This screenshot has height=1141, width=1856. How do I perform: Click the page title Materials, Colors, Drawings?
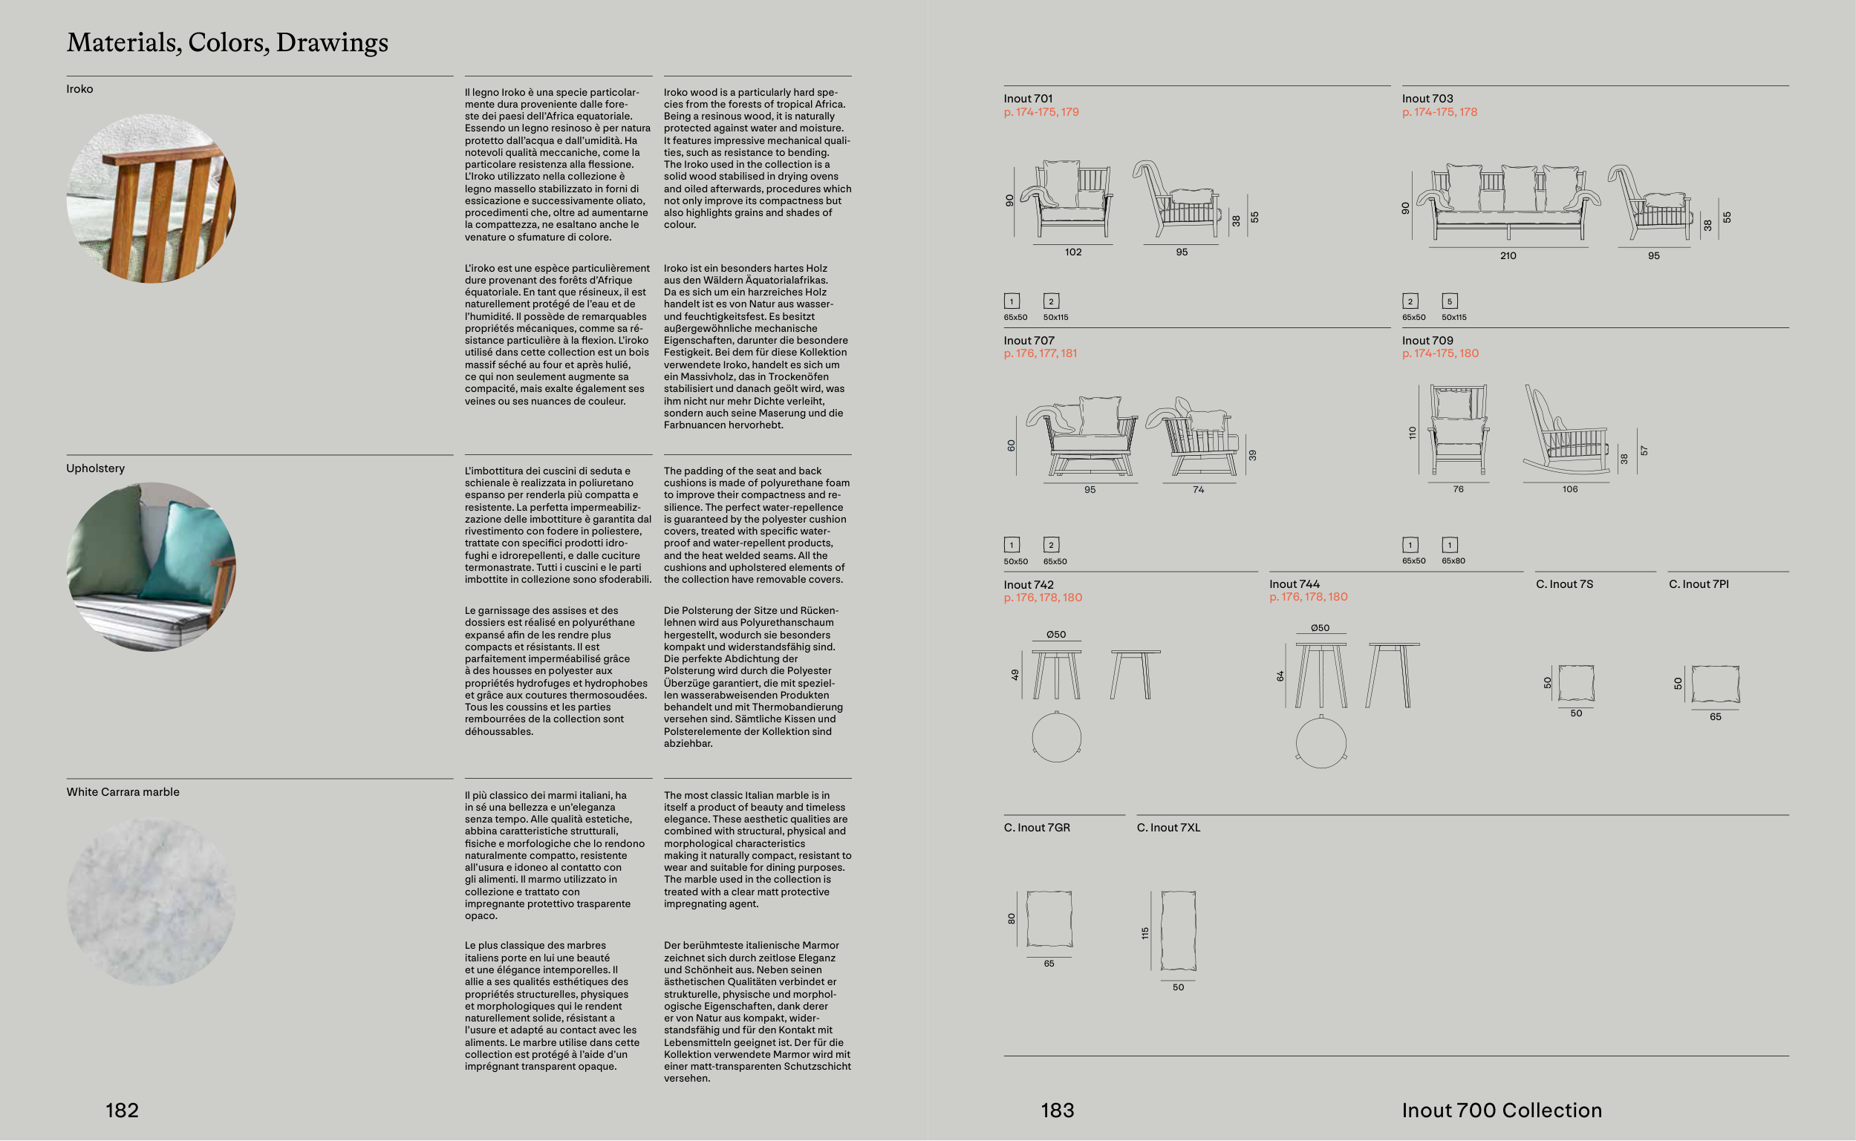coord(227,42)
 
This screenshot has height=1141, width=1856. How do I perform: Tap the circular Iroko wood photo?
coord(151,198)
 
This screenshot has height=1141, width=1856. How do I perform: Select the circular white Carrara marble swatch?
coord(151,902)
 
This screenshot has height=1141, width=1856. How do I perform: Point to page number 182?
coord(122,1110)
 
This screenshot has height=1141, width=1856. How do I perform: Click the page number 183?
coord(1057,1110)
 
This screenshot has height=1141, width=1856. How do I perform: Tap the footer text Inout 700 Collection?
coord(1501,1110)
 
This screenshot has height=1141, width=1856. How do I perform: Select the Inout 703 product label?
coord(1427,99)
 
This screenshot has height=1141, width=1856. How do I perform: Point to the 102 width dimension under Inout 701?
coord(1072,252)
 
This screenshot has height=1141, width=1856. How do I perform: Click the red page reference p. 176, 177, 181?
coord(1039,353)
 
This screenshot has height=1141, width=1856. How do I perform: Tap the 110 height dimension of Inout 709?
coord(1412,432)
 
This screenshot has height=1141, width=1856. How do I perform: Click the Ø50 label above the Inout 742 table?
coord(1056,635)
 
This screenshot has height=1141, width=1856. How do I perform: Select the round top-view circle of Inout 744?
coord(1320,742)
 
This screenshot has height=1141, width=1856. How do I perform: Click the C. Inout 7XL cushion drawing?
coord(1177,930)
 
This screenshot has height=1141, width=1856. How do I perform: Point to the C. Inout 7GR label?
coord(1036,828)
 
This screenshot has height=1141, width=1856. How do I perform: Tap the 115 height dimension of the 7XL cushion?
coord(1145,933)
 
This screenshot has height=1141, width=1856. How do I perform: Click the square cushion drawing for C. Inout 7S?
coord(1576,683)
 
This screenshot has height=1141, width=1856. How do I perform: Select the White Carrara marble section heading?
coord(123,791)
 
